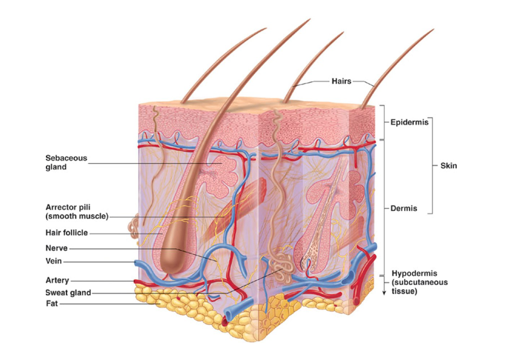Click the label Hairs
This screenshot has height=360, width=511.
[x=341, y=81]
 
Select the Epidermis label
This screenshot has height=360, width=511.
[x=409, y=122]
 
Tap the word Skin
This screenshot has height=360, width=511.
[x=448, y=166]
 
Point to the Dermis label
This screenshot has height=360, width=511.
[x=404, y=209]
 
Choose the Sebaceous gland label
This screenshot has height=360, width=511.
[x=66, y=162]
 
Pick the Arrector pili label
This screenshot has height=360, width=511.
[x=77, y=211]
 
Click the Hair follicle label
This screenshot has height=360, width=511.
[x=67, y=232]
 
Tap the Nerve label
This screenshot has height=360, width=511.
[x=57, y=248]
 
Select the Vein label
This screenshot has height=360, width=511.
[x=55, y=261]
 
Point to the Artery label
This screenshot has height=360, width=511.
[x=57, y=280]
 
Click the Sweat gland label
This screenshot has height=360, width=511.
[x=68, y=293]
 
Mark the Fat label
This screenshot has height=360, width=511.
[x=52, y=303]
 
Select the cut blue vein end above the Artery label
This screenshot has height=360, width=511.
[x=139, y=263]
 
